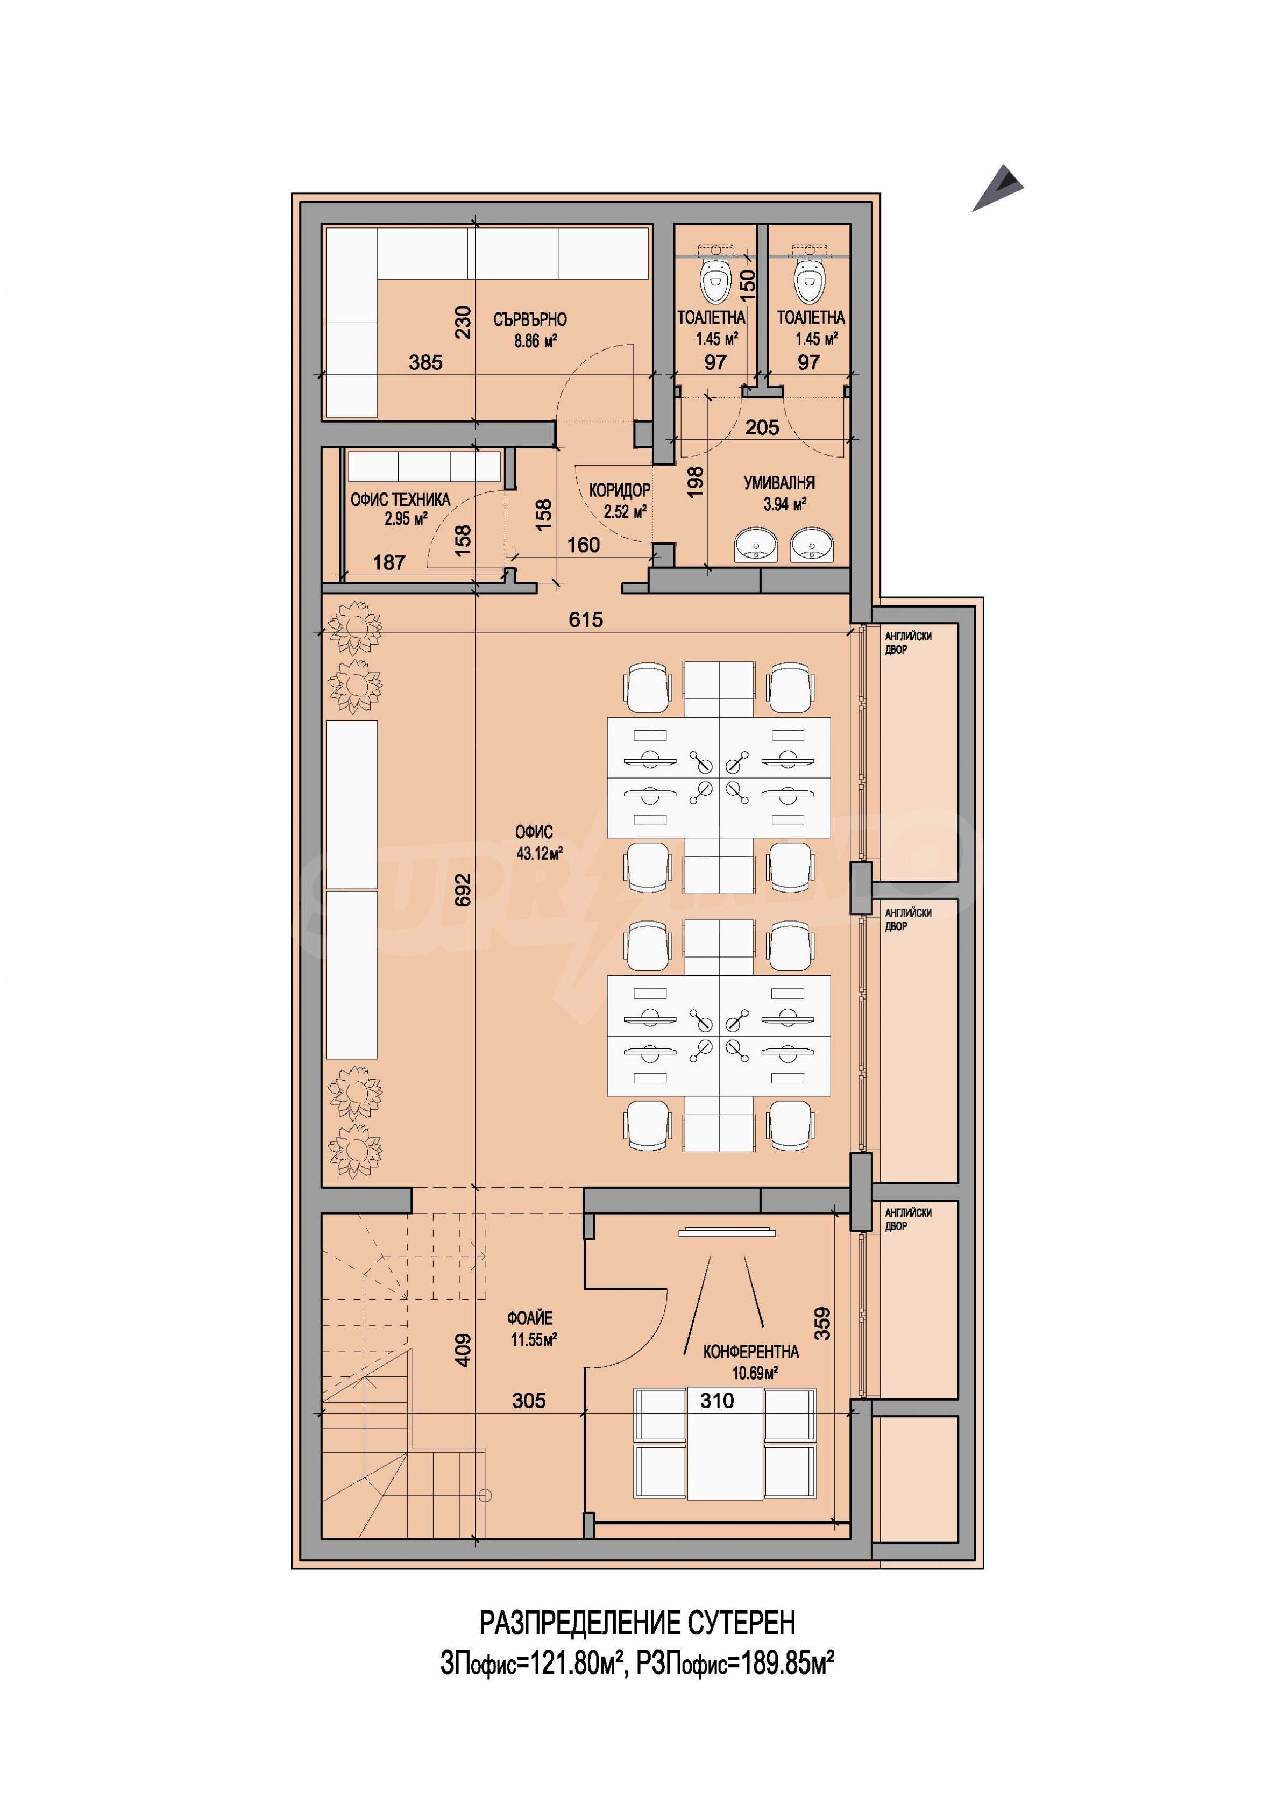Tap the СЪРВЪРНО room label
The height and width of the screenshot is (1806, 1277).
(530, 319)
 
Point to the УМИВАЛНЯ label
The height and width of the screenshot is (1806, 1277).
(779, 483)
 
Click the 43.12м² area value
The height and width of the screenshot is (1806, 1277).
(539, 853)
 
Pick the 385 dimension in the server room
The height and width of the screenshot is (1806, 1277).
(425, 362)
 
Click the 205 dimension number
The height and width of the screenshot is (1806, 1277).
(762, 427)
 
